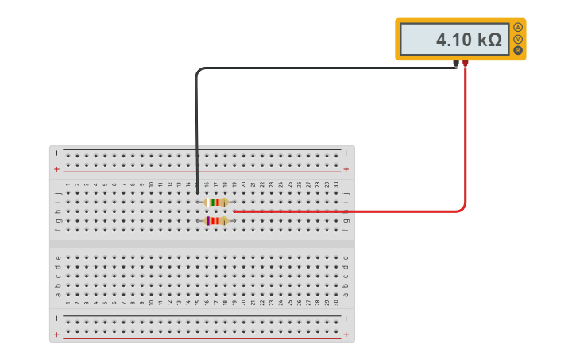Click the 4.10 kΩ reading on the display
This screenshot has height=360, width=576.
(x=469, y=40)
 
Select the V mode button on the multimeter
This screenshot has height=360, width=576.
(x=518, y=39)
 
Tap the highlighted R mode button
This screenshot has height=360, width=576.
(x=518, y=50)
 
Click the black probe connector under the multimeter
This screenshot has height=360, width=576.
(x=456, y=64)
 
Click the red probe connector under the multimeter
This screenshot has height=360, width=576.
(x=466, y=64)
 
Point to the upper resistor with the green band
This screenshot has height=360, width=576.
(x=216, y=203)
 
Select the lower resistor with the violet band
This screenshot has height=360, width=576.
(x=216, y=221)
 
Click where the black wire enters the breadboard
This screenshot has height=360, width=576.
(x=197, y=192)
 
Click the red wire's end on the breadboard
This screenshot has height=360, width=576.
(x=234, y=211)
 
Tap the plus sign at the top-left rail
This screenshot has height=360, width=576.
(x=56, y=169)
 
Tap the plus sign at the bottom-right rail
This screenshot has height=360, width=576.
(x=346, y=335)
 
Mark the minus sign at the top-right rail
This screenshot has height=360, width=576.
(x=346, y=153)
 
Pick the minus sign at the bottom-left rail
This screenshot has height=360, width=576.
(x=56, y=318)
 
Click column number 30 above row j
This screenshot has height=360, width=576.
(x=336, y=184)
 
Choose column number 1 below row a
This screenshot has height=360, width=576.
(x=68, y=303)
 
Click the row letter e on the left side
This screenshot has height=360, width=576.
(x=58, y=257)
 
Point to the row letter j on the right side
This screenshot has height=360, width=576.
(x=346, y=193)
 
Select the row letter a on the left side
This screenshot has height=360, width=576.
(x=58, y=295)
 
